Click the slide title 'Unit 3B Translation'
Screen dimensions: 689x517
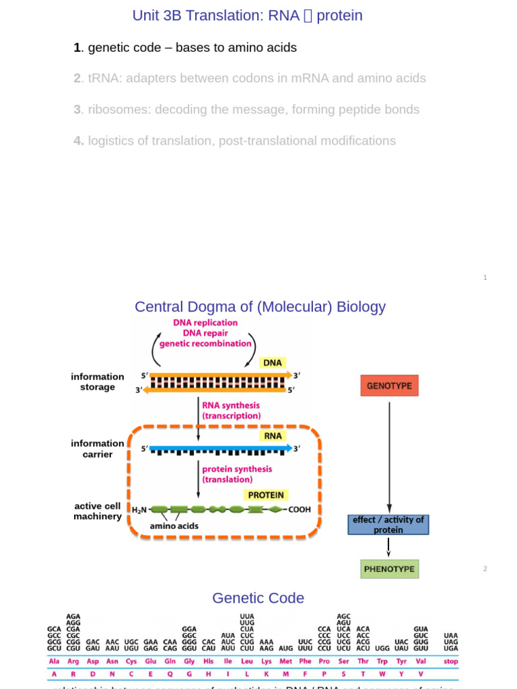247,15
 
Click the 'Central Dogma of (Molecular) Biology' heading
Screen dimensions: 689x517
260,307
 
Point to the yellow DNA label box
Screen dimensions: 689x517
272,363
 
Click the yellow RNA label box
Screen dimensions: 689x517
273,435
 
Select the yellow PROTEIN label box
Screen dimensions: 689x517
266,495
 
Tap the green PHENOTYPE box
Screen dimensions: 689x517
389,569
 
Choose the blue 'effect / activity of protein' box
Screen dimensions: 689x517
388,525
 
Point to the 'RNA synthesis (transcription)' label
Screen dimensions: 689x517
231,411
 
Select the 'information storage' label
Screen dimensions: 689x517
98,382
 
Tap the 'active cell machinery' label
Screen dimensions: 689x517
98,511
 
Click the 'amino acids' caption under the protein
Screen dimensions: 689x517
174,525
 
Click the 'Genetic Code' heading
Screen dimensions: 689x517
258,598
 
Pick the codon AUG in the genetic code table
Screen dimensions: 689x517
286,649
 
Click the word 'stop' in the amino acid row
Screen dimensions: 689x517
450,661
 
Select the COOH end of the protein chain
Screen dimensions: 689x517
300,510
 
